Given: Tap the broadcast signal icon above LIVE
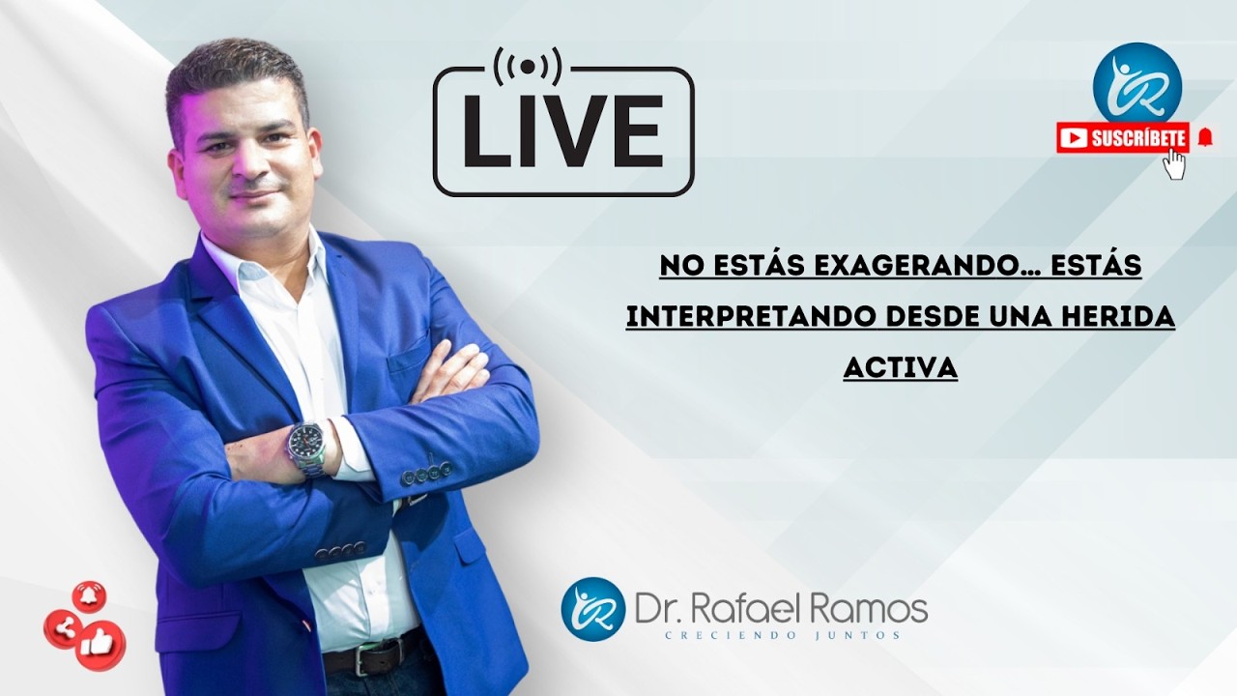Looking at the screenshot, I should (527, 67).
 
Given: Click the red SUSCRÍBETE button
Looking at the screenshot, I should (1123, 138).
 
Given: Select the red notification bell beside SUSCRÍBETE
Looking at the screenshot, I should (1204, 137).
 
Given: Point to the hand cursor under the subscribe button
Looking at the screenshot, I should (1174, 164).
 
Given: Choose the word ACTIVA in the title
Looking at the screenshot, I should (900, 367).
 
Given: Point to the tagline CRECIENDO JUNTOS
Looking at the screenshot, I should (781, 635).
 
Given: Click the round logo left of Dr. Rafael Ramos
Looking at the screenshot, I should (592, 608).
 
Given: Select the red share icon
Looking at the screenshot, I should (64, 629).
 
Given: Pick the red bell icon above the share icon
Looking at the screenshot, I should (89, 596).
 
